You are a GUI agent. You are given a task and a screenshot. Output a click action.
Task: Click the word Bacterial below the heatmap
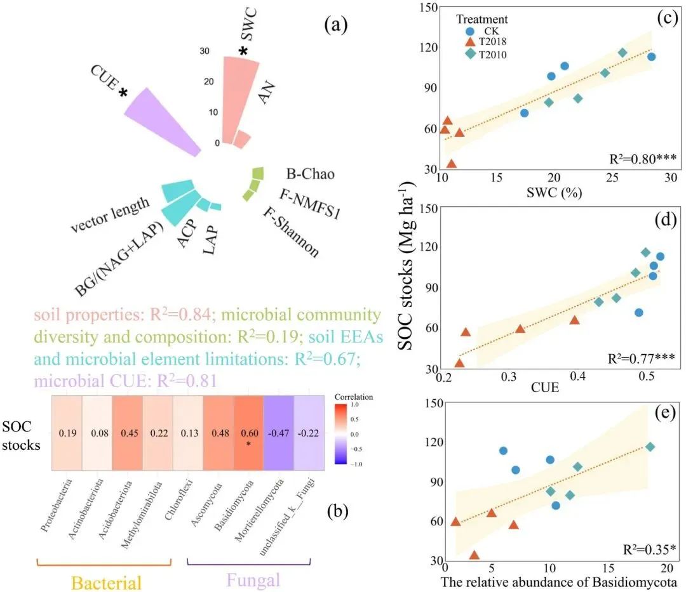(x=106, y=582)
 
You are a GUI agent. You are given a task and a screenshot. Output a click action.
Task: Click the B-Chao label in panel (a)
(x=309, y=173)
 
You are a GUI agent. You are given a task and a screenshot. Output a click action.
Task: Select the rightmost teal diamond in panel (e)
(x=650, y=447)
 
